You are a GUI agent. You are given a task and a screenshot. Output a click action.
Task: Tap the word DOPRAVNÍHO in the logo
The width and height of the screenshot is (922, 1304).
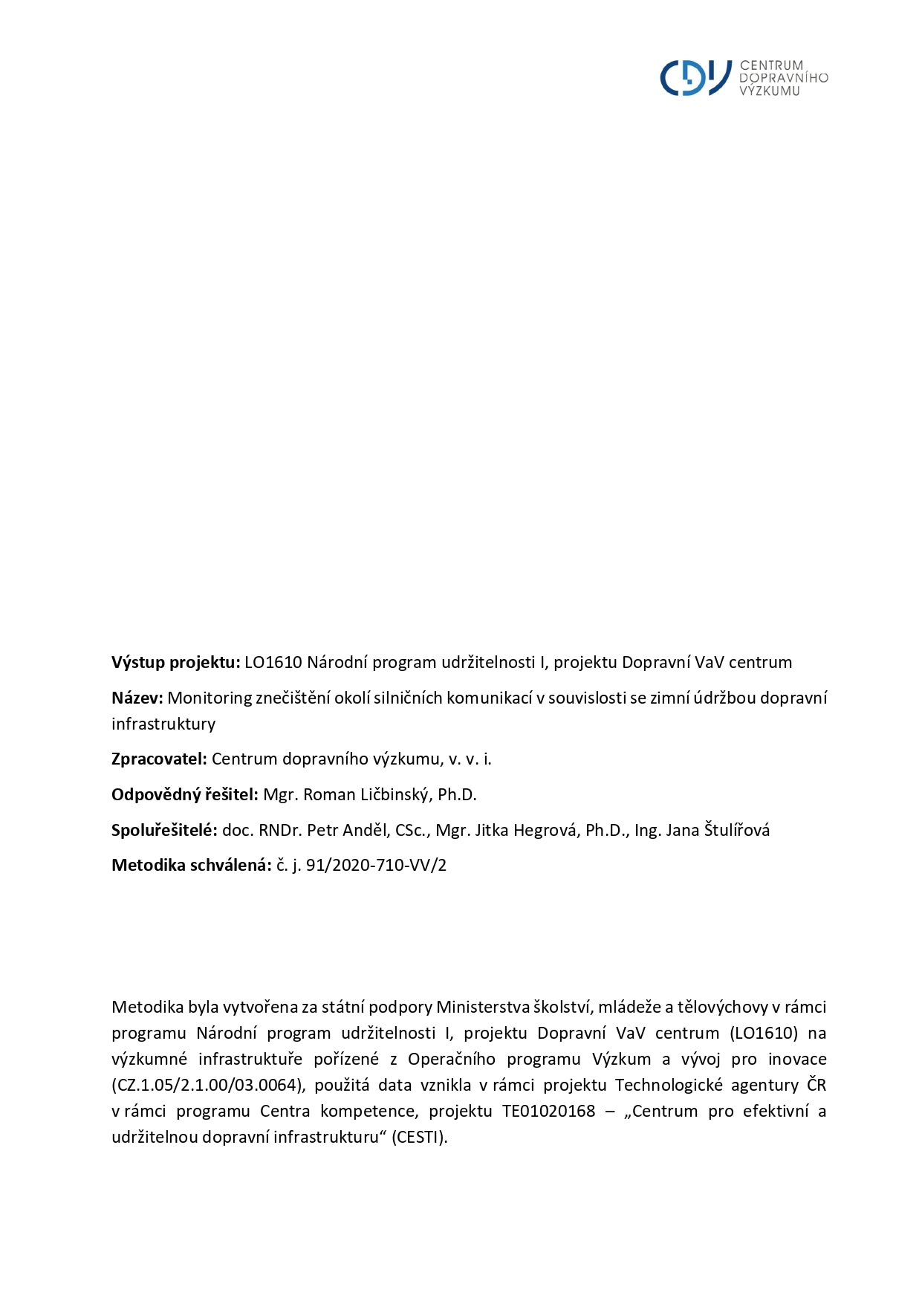[783, 78]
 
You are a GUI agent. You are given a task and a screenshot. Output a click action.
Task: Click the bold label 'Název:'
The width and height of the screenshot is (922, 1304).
[137, 698]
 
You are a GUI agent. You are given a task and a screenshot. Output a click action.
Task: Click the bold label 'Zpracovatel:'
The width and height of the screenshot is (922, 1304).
[159, 759]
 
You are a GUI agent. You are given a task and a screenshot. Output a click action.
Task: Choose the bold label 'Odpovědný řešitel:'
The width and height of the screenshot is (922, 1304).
[185, 794]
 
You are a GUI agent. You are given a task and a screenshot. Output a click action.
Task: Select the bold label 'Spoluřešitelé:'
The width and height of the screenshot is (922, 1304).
[164, 830]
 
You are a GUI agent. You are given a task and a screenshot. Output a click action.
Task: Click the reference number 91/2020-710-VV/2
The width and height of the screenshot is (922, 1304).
[376, 865]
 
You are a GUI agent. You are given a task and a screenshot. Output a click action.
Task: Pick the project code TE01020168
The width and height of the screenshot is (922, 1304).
[548, 1111]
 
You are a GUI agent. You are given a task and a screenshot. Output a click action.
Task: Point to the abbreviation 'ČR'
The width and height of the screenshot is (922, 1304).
[816, 1085]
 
